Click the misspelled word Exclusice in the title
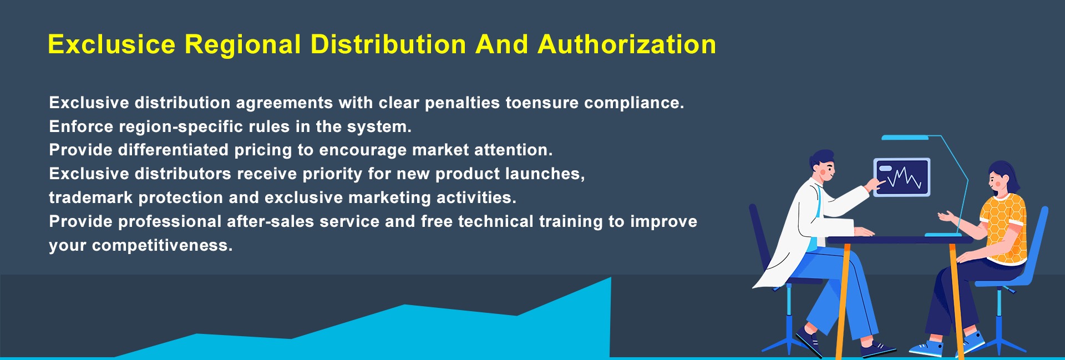click(x=111, y=44)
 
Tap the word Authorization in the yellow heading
click(x=627, y=44)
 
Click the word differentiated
click(x=173, y=150)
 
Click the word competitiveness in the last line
click(x=162, y=246)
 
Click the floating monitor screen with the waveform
click(x=902, y=177)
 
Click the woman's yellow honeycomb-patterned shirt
click(x=1003, y=227)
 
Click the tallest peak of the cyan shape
click(x=610, y=278)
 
